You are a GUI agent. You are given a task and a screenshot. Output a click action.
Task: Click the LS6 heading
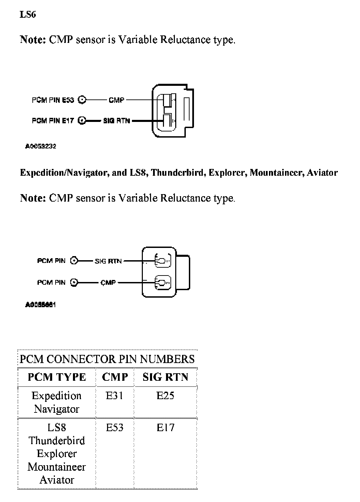[28, 15]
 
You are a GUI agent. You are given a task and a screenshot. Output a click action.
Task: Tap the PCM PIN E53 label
[53, 100]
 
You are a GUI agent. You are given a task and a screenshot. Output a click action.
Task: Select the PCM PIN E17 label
[53, 121]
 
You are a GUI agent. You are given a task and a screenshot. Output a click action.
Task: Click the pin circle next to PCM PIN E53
[82, 100]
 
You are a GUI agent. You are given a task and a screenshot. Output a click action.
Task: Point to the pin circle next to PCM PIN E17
[82, 121]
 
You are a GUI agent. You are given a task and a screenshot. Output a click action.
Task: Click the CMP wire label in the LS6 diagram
[116, 100]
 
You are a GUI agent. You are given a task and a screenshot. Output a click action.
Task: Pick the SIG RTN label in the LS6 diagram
[117, 121]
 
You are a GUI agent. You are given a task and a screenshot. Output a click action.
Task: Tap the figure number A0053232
[41, 146]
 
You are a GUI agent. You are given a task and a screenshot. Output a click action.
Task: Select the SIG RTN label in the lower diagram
[108, 261]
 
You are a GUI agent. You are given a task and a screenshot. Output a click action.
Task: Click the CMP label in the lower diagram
[108, 282]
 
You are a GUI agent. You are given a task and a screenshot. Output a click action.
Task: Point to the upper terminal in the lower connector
[163, 261]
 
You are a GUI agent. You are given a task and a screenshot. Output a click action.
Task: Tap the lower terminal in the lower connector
[163, 283]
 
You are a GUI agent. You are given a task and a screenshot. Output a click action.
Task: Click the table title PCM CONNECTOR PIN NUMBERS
[107, 359]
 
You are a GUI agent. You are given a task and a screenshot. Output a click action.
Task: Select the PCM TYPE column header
[57, 377]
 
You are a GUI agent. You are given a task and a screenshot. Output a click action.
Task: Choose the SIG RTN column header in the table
[165, 377]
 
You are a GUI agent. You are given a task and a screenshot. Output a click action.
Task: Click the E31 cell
[115, 396]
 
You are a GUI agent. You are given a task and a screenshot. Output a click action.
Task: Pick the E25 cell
[165, 396]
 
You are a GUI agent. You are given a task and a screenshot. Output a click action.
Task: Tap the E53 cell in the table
[115, 428]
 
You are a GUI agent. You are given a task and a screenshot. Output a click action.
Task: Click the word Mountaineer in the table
[57, 467]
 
